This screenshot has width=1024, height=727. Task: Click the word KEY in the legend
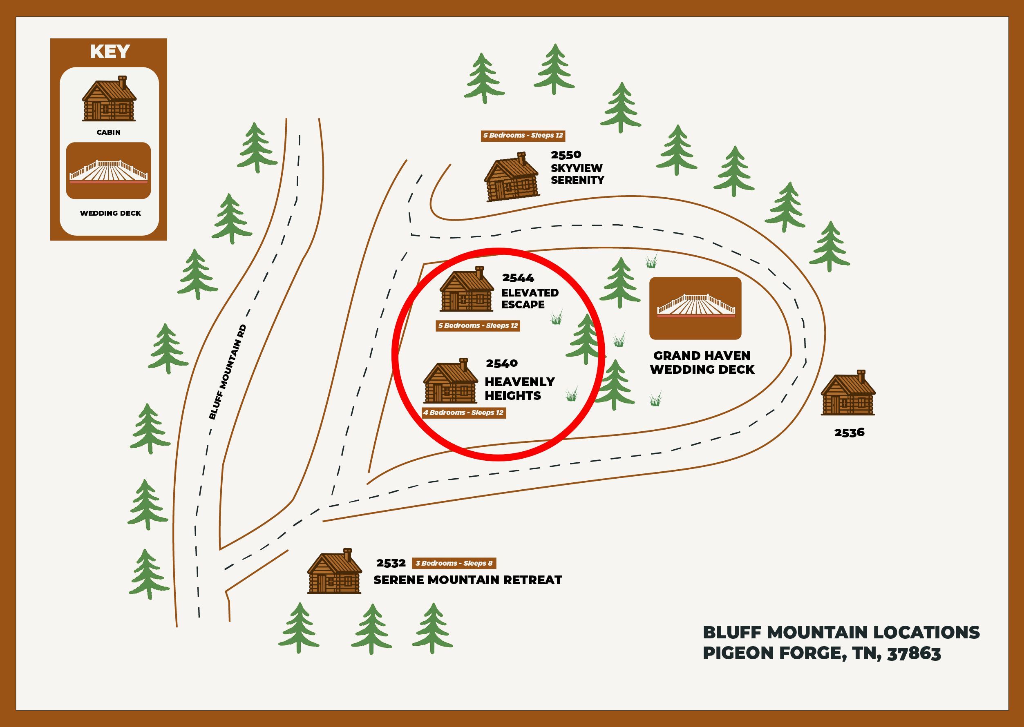click(x=110, y=51)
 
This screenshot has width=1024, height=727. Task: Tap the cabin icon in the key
click(x=109, y=99)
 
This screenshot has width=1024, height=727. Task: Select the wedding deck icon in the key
click(x=108, y=171)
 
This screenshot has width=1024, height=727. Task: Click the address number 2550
click(x=566, y=155)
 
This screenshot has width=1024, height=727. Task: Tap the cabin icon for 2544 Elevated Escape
click(x=467, y=290)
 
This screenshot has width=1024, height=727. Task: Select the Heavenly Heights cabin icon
click(x=450, y=381)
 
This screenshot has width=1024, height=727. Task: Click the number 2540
click(x=501, y=363)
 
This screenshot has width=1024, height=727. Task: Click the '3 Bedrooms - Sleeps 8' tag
click(x=454, y=563)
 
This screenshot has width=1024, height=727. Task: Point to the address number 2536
click(x=849, y=433)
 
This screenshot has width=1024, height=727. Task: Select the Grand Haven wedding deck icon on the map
click(x=695, y=308)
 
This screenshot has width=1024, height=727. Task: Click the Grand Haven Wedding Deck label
click(x=702, y=363)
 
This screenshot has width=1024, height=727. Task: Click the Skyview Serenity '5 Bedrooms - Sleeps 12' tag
click(x=523, y=135)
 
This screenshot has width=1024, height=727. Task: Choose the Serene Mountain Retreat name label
click(x=467, y=580)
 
